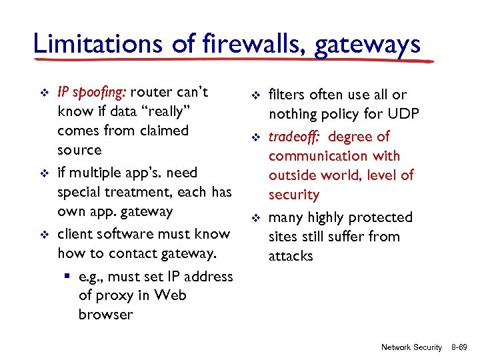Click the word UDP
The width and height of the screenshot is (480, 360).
click(x=402, y=114)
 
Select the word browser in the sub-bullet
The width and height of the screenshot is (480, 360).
click(x=105, y=314)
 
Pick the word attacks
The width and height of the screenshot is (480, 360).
click(x=291, y=256)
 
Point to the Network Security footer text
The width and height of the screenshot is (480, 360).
click(x=411, y=347)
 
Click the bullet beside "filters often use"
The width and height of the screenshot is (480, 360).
click(x=255, y=96)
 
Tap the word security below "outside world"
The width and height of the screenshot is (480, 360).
click(x=294, y=195)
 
